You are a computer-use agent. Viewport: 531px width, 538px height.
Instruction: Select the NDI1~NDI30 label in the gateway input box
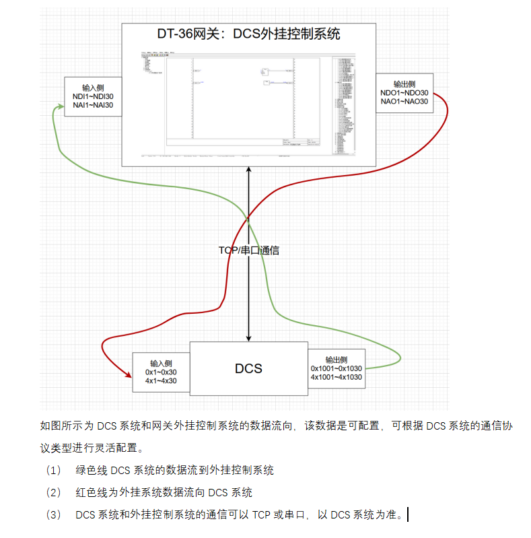93,96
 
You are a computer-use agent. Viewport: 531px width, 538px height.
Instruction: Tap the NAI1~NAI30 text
93,105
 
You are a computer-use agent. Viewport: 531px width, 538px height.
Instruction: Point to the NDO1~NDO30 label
404,93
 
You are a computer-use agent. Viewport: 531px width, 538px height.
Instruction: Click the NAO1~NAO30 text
404,102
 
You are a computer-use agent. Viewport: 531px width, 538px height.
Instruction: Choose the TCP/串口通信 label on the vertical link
248,250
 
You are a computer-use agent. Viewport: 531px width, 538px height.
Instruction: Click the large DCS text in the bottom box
248,368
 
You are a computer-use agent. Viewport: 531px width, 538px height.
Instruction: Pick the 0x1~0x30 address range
161,372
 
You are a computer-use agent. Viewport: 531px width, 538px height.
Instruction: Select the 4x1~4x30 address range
161,380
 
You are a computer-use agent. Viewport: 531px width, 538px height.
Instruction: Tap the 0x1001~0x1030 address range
336,368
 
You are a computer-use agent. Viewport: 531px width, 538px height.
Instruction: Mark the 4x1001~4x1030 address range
336,377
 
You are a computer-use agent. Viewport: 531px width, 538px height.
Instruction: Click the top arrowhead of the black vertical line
248,170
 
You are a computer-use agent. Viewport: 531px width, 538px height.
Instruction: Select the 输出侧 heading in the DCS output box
336,360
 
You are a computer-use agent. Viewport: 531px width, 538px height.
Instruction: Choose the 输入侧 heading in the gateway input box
93,88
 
